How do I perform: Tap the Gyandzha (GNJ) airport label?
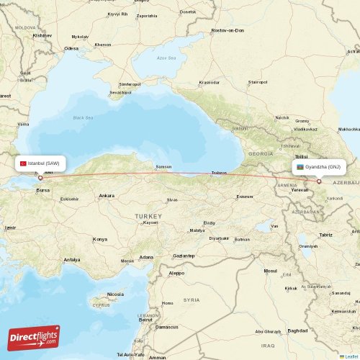[324, 166]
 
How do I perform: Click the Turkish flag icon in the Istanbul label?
[24, 163]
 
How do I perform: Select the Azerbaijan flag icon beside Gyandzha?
[299, 166]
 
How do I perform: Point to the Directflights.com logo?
[34, 337]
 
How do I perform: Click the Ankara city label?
[107, 196]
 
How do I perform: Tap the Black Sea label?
[84, 117]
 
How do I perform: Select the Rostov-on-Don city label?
[228, 31]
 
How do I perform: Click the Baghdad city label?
[297, 330]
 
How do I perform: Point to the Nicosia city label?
[115, 294]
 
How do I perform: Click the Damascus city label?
[167, 326]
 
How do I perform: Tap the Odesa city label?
[71, 48]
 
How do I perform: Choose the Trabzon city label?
[219, 173]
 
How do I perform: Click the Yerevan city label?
[300, 189]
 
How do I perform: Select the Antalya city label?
[71, 259]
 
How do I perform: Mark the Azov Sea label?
[166, 58]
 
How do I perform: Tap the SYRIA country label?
[192, 299]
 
